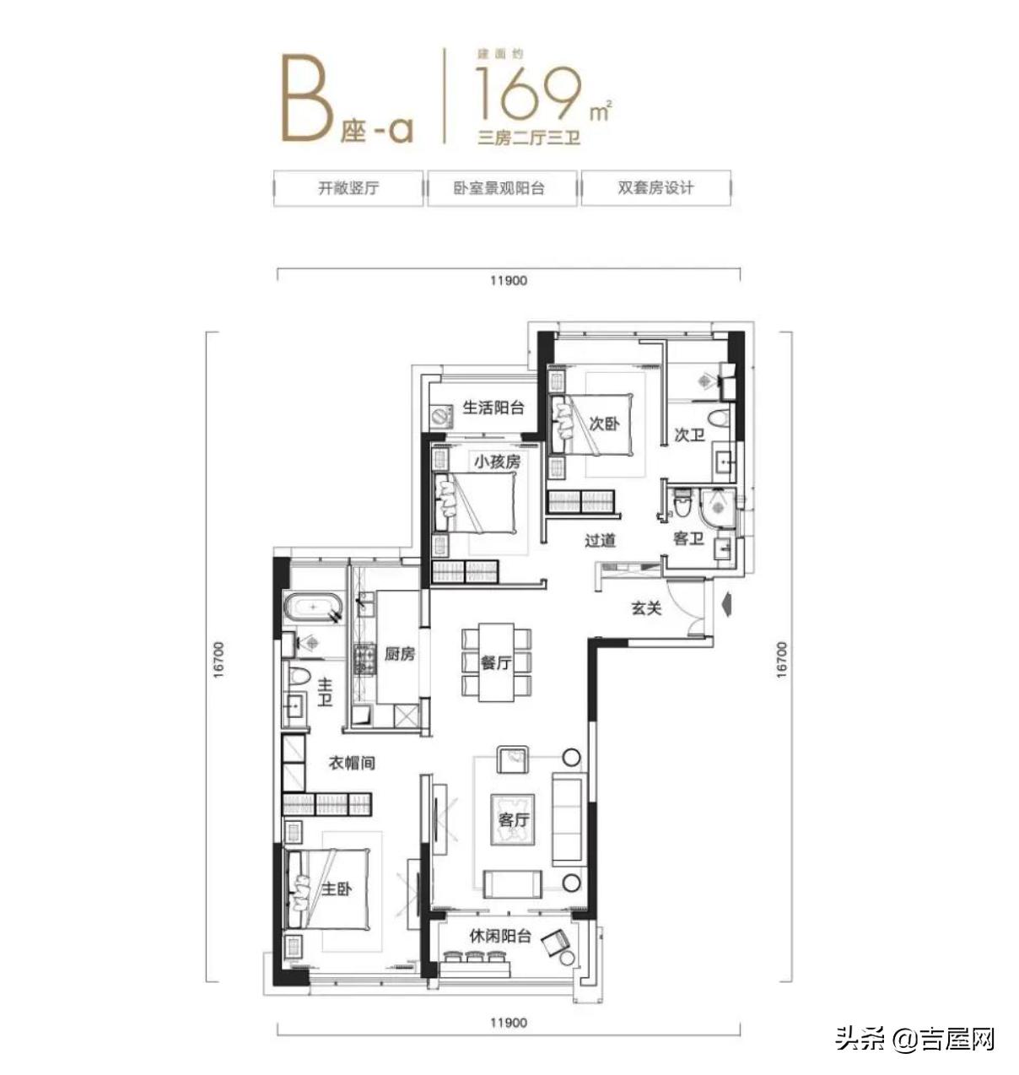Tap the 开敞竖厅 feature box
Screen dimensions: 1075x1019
pyautogui.click(x=348, y=188)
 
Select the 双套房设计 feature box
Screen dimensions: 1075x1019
pyautogui.click(x=655, y=188)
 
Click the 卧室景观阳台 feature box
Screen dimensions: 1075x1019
pyautogui.click(x=502, y=188)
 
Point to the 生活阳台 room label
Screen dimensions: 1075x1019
pyautogui.click(x=493, y=408)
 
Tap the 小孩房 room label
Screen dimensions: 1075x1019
pyautogui.click(x=497, y=462)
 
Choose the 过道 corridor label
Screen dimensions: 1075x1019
pyautogui.click(x=600, y=540)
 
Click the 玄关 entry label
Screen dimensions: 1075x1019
pyautogui.click(x=646, y=608)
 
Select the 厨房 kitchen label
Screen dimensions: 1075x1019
pyautogui.click(x=399, y=654)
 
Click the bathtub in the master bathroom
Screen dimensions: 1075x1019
pyautogui.click(x=314, y=608)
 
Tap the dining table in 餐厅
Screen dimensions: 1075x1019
pyautogui.click(x=496, y=662)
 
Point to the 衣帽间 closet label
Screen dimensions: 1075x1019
pyautogui.click(x=351, y=764)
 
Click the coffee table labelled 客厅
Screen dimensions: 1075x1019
pyautogui.click(x=513, y=819)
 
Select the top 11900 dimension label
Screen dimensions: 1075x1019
pyautogui.click(x=507, y=280)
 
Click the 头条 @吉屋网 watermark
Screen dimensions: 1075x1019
pyautogui.click(x=914, y=1038)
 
